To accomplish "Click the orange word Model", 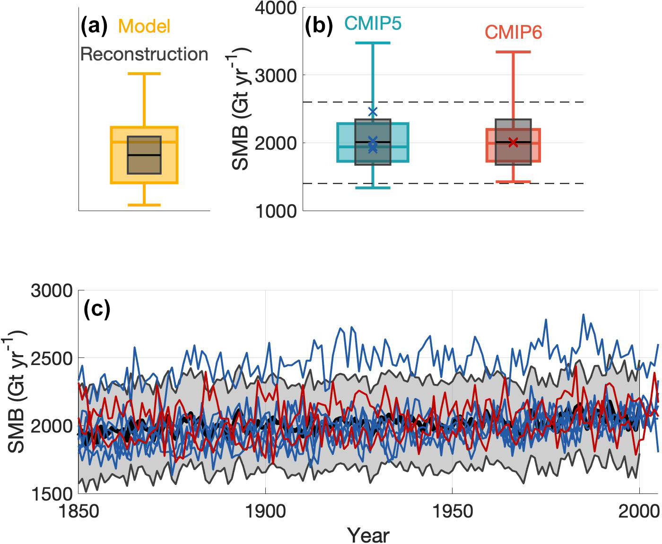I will [x=144, y=26].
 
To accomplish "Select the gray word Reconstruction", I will [x=144, y=54].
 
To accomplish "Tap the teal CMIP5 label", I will [x=373, y=23].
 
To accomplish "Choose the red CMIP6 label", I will [x=514, y=33].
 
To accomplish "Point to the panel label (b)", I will [x=319, y=26].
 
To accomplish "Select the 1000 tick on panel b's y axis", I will [x=276, y=211].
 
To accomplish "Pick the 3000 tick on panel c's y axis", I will [x=52, y=291].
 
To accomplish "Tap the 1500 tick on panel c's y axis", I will [x=52, y=494].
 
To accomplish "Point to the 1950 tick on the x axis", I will [x=453, y=511].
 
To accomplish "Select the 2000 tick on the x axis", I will [x=639, y=511].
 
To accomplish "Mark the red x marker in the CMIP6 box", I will [x=514, y=142].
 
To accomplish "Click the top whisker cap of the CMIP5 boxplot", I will [x=373, y=43].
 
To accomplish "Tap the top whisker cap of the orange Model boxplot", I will [x=144, y=74].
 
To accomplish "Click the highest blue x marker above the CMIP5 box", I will [x=373, y=111].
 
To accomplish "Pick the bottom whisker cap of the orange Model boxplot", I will [x=144, y=205].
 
